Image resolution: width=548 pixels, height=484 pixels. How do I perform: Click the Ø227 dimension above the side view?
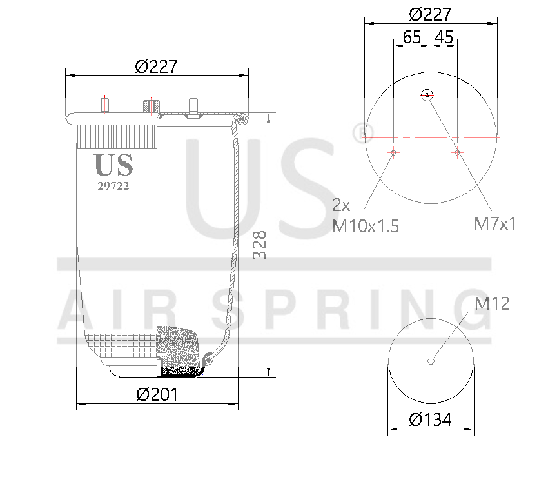point(156,66)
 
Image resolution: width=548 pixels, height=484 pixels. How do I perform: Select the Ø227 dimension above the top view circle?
point(430,14)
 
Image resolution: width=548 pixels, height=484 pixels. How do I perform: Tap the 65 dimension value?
point(412,37)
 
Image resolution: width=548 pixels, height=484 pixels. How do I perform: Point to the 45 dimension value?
point(444,37)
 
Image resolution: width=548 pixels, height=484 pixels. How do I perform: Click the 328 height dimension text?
point(259,246)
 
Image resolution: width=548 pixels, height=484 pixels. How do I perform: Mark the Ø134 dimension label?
point(430,419)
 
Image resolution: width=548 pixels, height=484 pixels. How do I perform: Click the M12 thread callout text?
point(492,303)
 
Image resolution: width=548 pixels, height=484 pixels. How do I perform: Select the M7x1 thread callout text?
point(495,224)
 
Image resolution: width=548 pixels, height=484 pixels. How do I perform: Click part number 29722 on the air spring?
point(113,187)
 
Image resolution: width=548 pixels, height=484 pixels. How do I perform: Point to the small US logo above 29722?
point(114,165)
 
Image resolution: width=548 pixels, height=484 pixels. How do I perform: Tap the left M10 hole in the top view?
point(393,152)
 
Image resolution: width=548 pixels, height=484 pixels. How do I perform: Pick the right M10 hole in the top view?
point(457,152)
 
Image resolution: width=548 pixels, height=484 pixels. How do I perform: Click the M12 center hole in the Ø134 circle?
point(431,361)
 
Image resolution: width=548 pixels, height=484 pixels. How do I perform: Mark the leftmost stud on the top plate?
point(105,105)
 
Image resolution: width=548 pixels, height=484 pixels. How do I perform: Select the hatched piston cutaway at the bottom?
point(179,351)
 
